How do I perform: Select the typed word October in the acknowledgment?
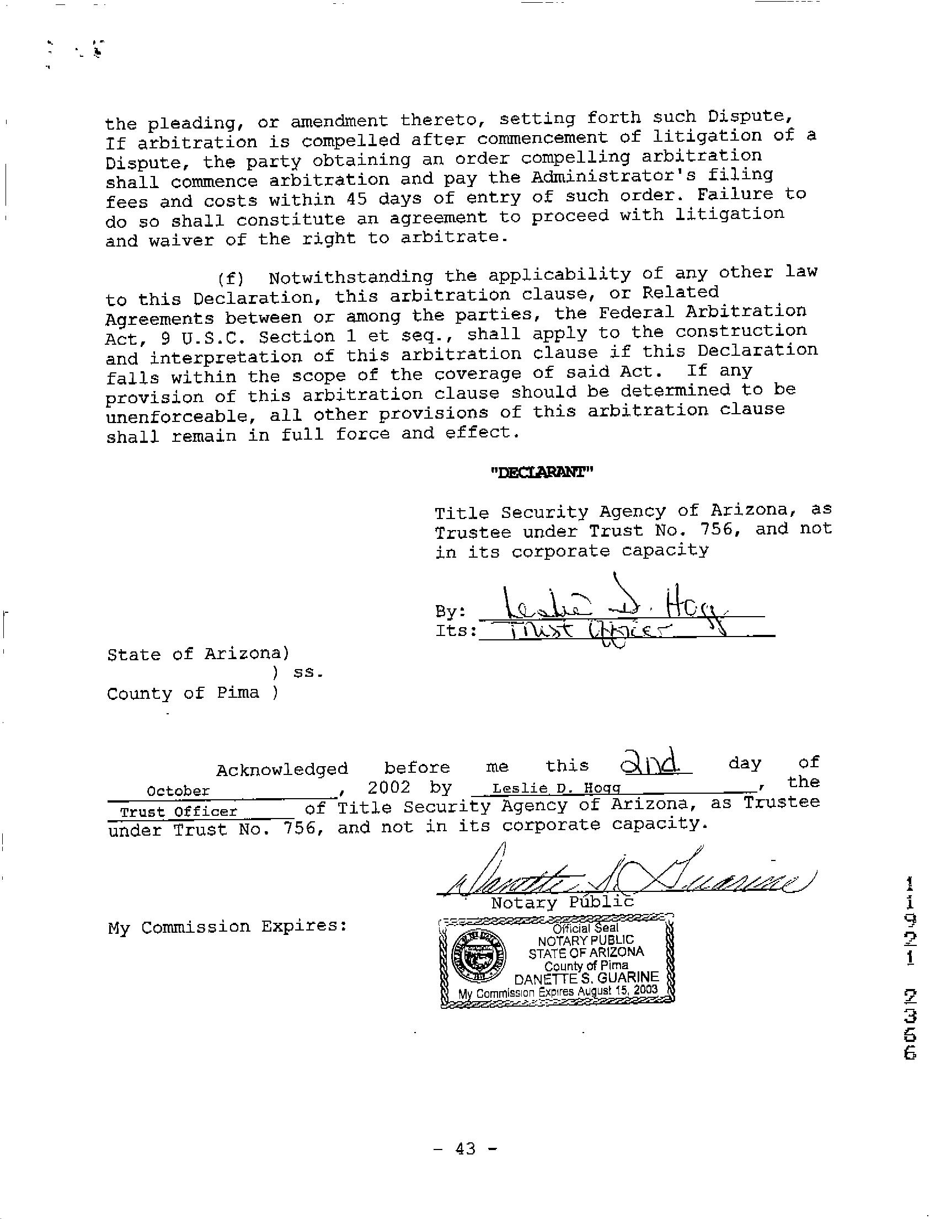178,791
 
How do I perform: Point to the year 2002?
389,787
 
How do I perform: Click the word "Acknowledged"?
282,769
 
